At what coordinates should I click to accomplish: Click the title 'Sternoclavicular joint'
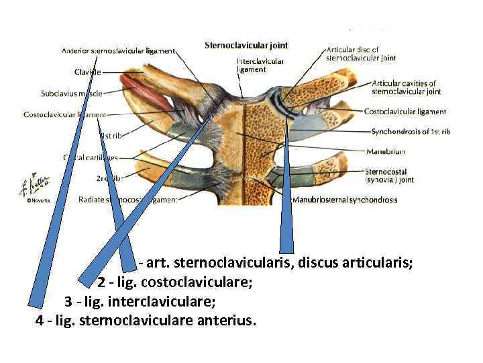pos(246,46)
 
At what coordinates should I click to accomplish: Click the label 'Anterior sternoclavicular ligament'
pos(118,50)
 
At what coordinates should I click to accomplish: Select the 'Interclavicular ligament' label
pos(260,65)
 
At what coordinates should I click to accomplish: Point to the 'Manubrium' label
pos(386,152)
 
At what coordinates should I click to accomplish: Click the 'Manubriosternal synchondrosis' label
pos(344,200)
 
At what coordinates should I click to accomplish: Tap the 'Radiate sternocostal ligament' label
pos(127,200)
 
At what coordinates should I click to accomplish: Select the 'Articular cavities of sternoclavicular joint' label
pos(407,87)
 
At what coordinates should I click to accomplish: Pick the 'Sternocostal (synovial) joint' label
pos(389,176)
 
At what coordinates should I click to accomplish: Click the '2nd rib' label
pos(108,179)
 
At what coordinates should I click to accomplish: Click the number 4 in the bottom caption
pos(39,319)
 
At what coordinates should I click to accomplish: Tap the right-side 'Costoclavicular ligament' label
pos(405,112)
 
